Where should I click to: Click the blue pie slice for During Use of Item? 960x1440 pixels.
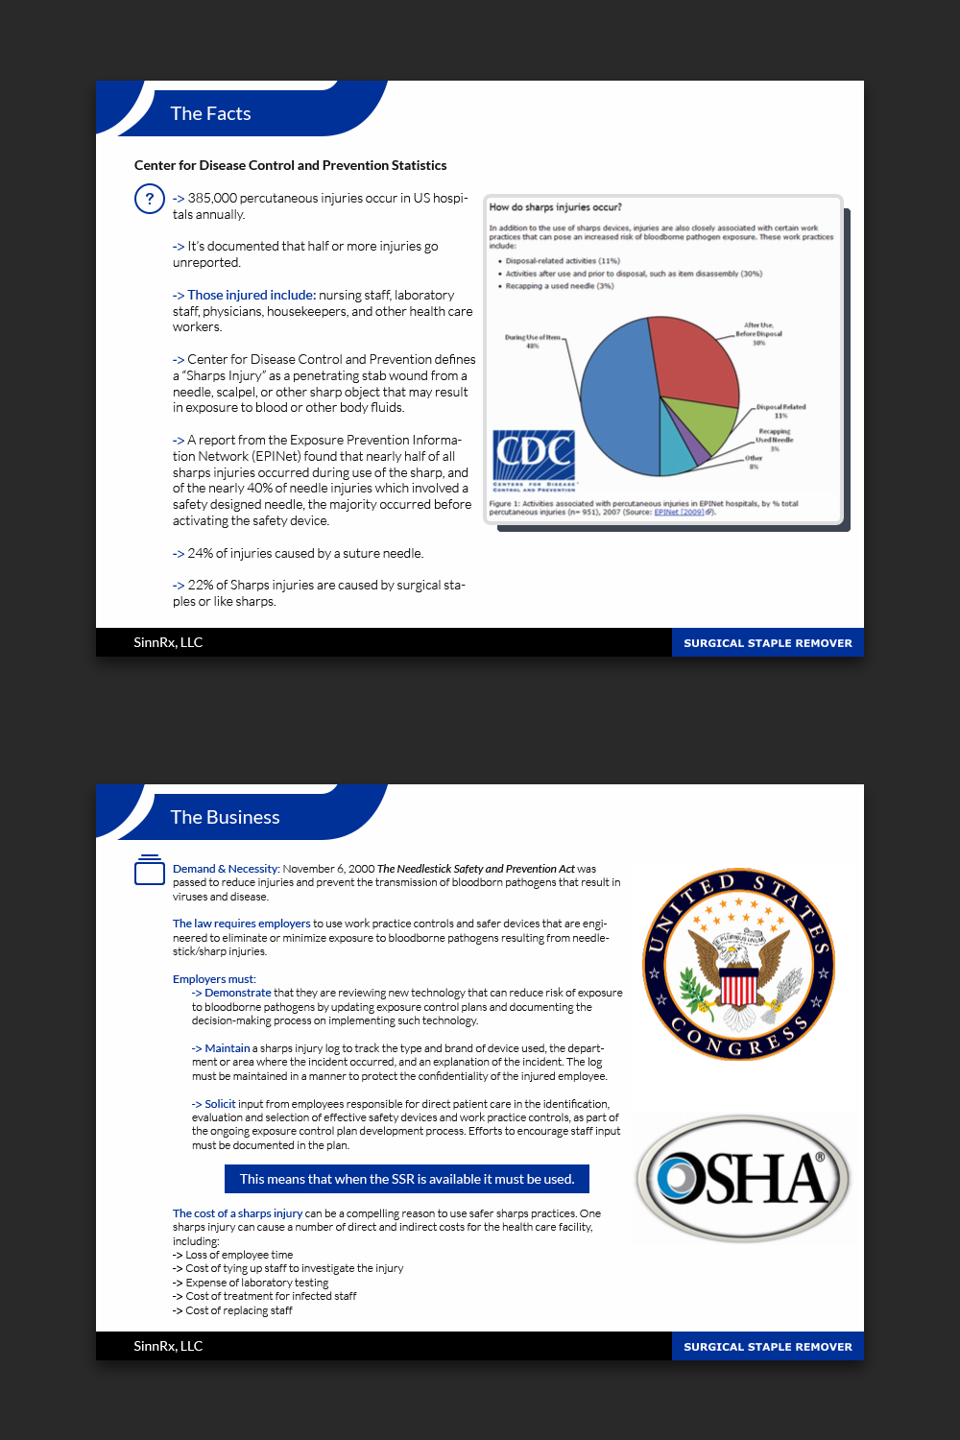pos(614,394)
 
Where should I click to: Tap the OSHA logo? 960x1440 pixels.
pos(743,1178)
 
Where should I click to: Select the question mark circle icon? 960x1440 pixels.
pos(149,199)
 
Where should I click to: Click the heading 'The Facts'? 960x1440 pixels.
pos(210,113)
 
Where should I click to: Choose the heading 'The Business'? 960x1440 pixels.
pos(225,817)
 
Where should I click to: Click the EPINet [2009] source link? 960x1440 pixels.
pos(681,512)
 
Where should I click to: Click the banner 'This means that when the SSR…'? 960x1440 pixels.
pos(407,1179)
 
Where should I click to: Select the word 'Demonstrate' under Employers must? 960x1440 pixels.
pos(237,993)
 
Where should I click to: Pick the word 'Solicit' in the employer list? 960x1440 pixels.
pos(220,1104)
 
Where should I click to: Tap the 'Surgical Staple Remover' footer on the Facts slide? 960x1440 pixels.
pos(767,643)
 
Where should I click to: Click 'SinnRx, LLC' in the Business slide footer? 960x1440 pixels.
pos(168,1346)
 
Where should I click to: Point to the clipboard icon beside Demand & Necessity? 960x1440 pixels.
pos(149,870)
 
